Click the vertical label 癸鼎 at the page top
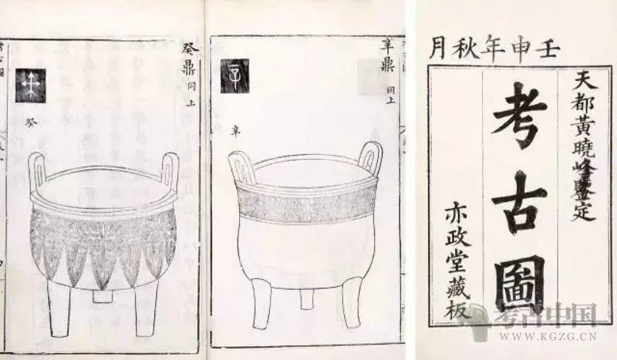(189, 62)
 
